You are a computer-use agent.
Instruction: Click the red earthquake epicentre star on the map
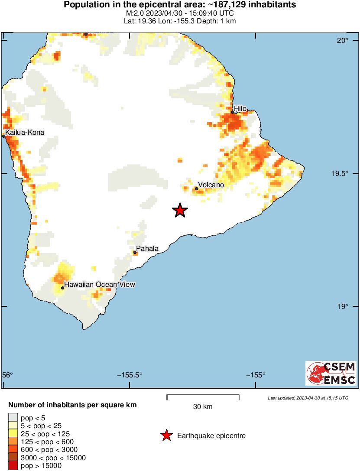pos(180,210)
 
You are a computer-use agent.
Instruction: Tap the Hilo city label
pos(240,108)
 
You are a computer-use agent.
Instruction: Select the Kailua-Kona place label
pos(25,132)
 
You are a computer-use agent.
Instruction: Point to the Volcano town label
pos(211,185)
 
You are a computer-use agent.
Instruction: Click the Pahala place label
pos(148,249)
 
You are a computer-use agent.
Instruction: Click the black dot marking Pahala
pos(135,252)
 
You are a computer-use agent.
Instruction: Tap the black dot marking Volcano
pos(197,188)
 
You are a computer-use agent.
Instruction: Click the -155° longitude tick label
pos(256,375)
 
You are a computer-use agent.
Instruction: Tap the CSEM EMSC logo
pos(331,373)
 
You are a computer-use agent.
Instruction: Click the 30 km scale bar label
pos(203,407)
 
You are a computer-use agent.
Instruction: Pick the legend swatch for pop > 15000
pos(13,466)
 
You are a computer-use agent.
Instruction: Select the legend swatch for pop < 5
pos(13,418)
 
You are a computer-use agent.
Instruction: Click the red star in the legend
pos(166,436)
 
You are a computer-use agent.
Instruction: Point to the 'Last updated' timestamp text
pos(308,398)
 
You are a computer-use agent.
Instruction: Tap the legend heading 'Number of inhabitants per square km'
pos(73,406)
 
